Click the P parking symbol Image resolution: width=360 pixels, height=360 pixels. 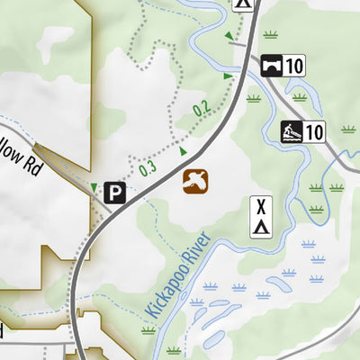point(114,192)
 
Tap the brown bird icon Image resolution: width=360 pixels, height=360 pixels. point(194,181)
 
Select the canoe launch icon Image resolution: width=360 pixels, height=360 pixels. point(291,132)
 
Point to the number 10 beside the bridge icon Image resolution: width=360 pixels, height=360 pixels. point(295,65)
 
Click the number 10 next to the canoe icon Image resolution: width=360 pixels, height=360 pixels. point(313,132)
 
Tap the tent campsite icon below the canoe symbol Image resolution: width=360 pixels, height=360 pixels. point(261,216)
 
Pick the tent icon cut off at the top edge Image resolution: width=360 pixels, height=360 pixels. point(244,4)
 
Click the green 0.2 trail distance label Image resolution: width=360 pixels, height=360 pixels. point(201,109)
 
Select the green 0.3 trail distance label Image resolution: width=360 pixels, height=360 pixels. point(148,167)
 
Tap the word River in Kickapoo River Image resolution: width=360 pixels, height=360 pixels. point(195,250)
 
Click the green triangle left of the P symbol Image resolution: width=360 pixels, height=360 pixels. point(94,187)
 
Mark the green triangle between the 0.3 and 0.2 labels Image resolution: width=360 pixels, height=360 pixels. point(183,150)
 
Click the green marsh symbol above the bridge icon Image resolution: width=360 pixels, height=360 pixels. point(270,36)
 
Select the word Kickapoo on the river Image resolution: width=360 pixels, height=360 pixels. point(161,293)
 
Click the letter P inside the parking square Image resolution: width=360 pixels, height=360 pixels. point(114,192)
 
